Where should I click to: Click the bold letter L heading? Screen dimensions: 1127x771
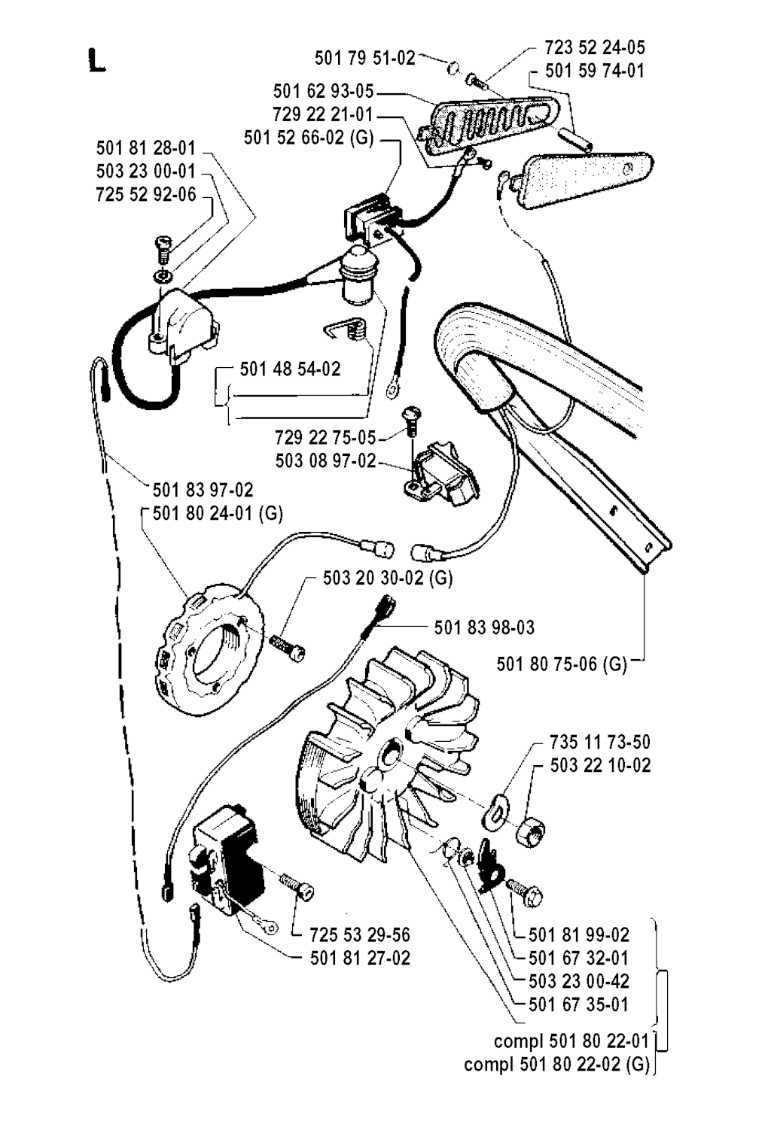(96, 59)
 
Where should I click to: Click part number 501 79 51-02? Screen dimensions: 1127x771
(364, 58)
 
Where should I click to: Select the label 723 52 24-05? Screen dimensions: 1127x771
(595, 47)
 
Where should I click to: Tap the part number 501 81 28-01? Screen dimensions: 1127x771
(145, 147)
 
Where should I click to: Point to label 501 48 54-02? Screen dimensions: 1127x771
(290, 369)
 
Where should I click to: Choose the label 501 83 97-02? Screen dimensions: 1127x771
(203, 491)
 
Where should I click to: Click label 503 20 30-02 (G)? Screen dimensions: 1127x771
(388, 578)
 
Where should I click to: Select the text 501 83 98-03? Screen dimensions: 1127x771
(484, 627)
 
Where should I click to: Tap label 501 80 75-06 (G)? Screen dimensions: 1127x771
(562, 664)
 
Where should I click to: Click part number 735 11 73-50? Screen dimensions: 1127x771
(599, 743)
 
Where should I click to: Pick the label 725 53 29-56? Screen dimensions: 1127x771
(360, 935)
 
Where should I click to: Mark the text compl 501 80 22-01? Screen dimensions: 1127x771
(571, 1041)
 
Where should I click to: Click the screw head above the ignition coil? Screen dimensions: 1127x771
(163, 242)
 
